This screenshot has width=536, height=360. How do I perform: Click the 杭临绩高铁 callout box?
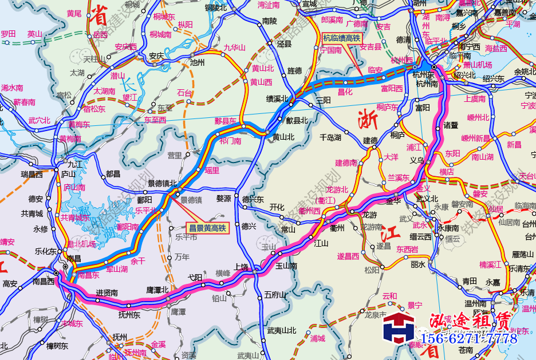pyautogui.click(x=341, y=39)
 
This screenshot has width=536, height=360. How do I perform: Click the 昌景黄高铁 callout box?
pyautogui.click(x=208, y=227)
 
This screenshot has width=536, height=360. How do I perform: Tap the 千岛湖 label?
pyautogui.click(x=330, y=137)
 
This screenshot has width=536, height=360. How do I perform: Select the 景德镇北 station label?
pyautogui.click(x=163, y=183)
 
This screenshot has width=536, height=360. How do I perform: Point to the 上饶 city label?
pyautogui.click(x=242, y=266)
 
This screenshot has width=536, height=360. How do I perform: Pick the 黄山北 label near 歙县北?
pyautogui.click(x=283, y=137)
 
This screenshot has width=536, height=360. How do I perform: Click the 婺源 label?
pyautogui.click(x=223, y=198)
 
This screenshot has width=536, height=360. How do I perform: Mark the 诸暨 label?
pyautogui.click(x=451, y=124)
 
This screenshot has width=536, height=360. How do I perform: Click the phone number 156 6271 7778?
pyautogui.click(x=469, y=339)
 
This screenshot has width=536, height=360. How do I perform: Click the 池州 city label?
pyautogui.click(x=196, y=62)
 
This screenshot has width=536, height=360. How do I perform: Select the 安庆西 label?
pyautogui.click(x=126, y=46)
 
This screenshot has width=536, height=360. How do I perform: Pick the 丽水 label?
pyautogui.click(x=419, y=265)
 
